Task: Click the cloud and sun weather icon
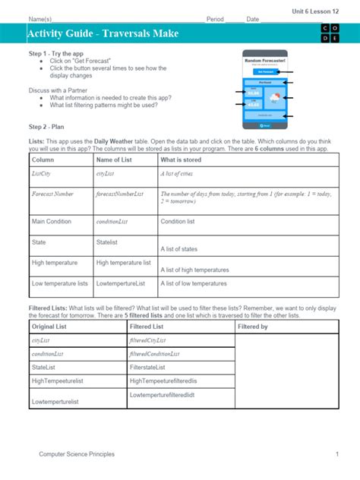click(273, 97)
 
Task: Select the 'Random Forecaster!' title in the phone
click(262, 60)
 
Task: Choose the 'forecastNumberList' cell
click(120, 194)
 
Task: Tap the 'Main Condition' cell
click(52, 222)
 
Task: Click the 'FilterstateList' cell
click(153, 367)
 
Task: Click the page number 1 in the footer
click(336, 454)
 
